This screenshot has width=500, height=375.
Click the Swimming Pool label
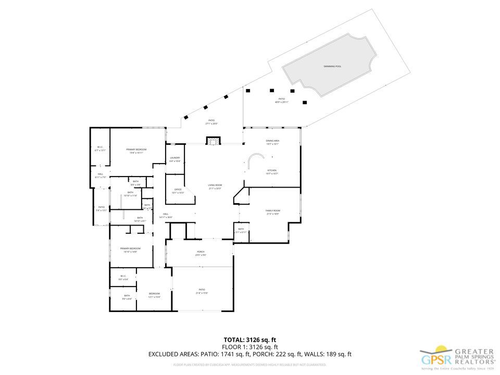point(331,67)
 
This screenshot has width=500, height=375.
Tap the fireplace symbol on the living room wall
point(213,141)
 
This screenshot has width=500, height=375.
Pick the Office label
point(178,191)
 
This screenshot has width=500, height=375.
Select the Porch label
point(201,253)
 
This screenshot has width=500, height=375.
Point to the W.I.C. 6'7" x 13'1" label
point(100,148)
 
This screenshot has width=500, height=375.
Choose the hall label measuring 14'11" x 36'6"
point(166,215)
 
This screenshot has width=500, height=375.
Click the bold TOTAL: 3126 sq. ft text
point(249,340)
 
